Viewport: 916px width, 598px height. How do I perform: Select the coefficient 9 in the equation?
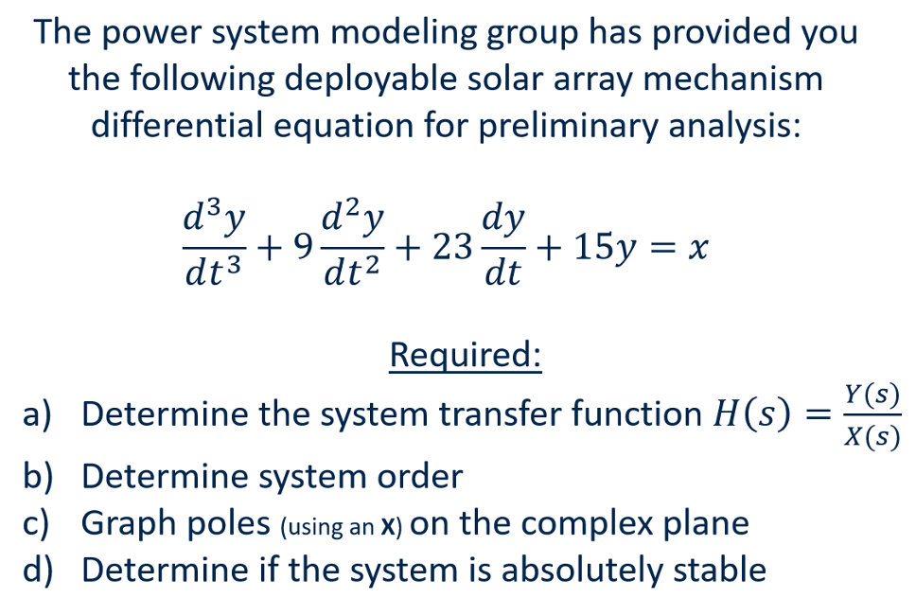tap(302, 249)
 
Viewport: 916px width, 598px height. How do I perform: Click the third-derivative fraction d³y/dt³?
tap(214, 248)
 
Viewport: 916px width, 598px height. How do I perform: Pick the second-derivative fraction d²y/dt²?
tap(352, 248)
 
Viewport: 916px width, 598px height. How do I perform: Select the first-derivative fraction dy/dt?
tap(502, 248)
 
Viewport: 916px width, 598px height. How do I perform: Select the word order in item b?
tap(421, 476)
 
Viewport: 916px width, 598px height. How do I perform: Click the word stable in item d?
tap(717, 570)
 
